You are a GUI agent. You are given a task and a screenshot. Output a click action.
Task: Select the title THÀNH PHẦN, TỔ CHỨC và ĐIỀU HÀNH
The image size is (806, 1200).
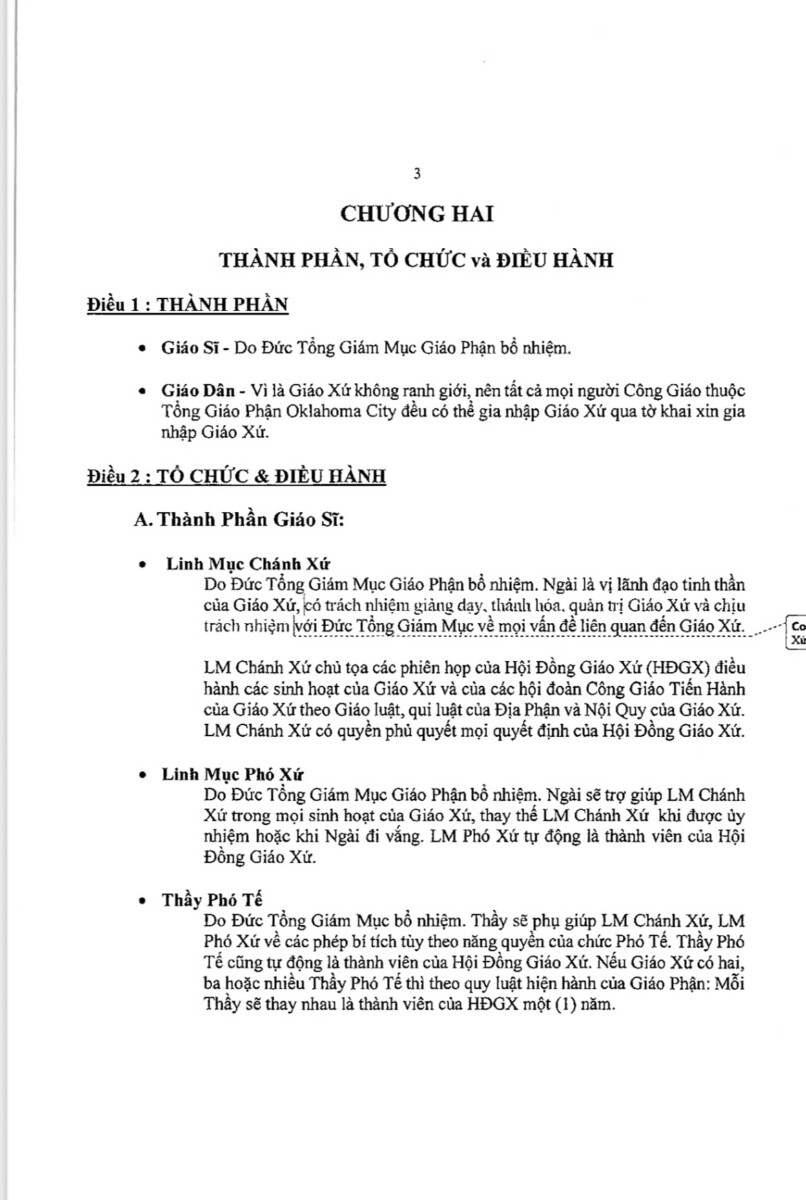point(417,260)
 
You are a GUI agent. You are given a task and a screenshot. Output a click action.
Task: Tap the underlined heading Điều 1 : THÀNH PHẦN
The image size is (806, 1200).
point(187,305)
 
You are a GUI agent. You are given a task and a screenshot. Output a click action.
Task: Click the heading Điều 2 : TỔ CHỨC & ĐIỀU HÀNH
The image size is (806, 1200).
point(235,477)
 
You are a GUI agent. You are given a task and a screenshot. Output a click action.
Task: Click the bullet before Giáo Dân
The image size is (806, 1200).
point(147,390)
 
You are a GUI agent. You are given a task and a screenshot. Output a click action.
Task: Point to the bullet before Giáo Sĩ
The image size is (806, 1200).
point(147,348)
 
